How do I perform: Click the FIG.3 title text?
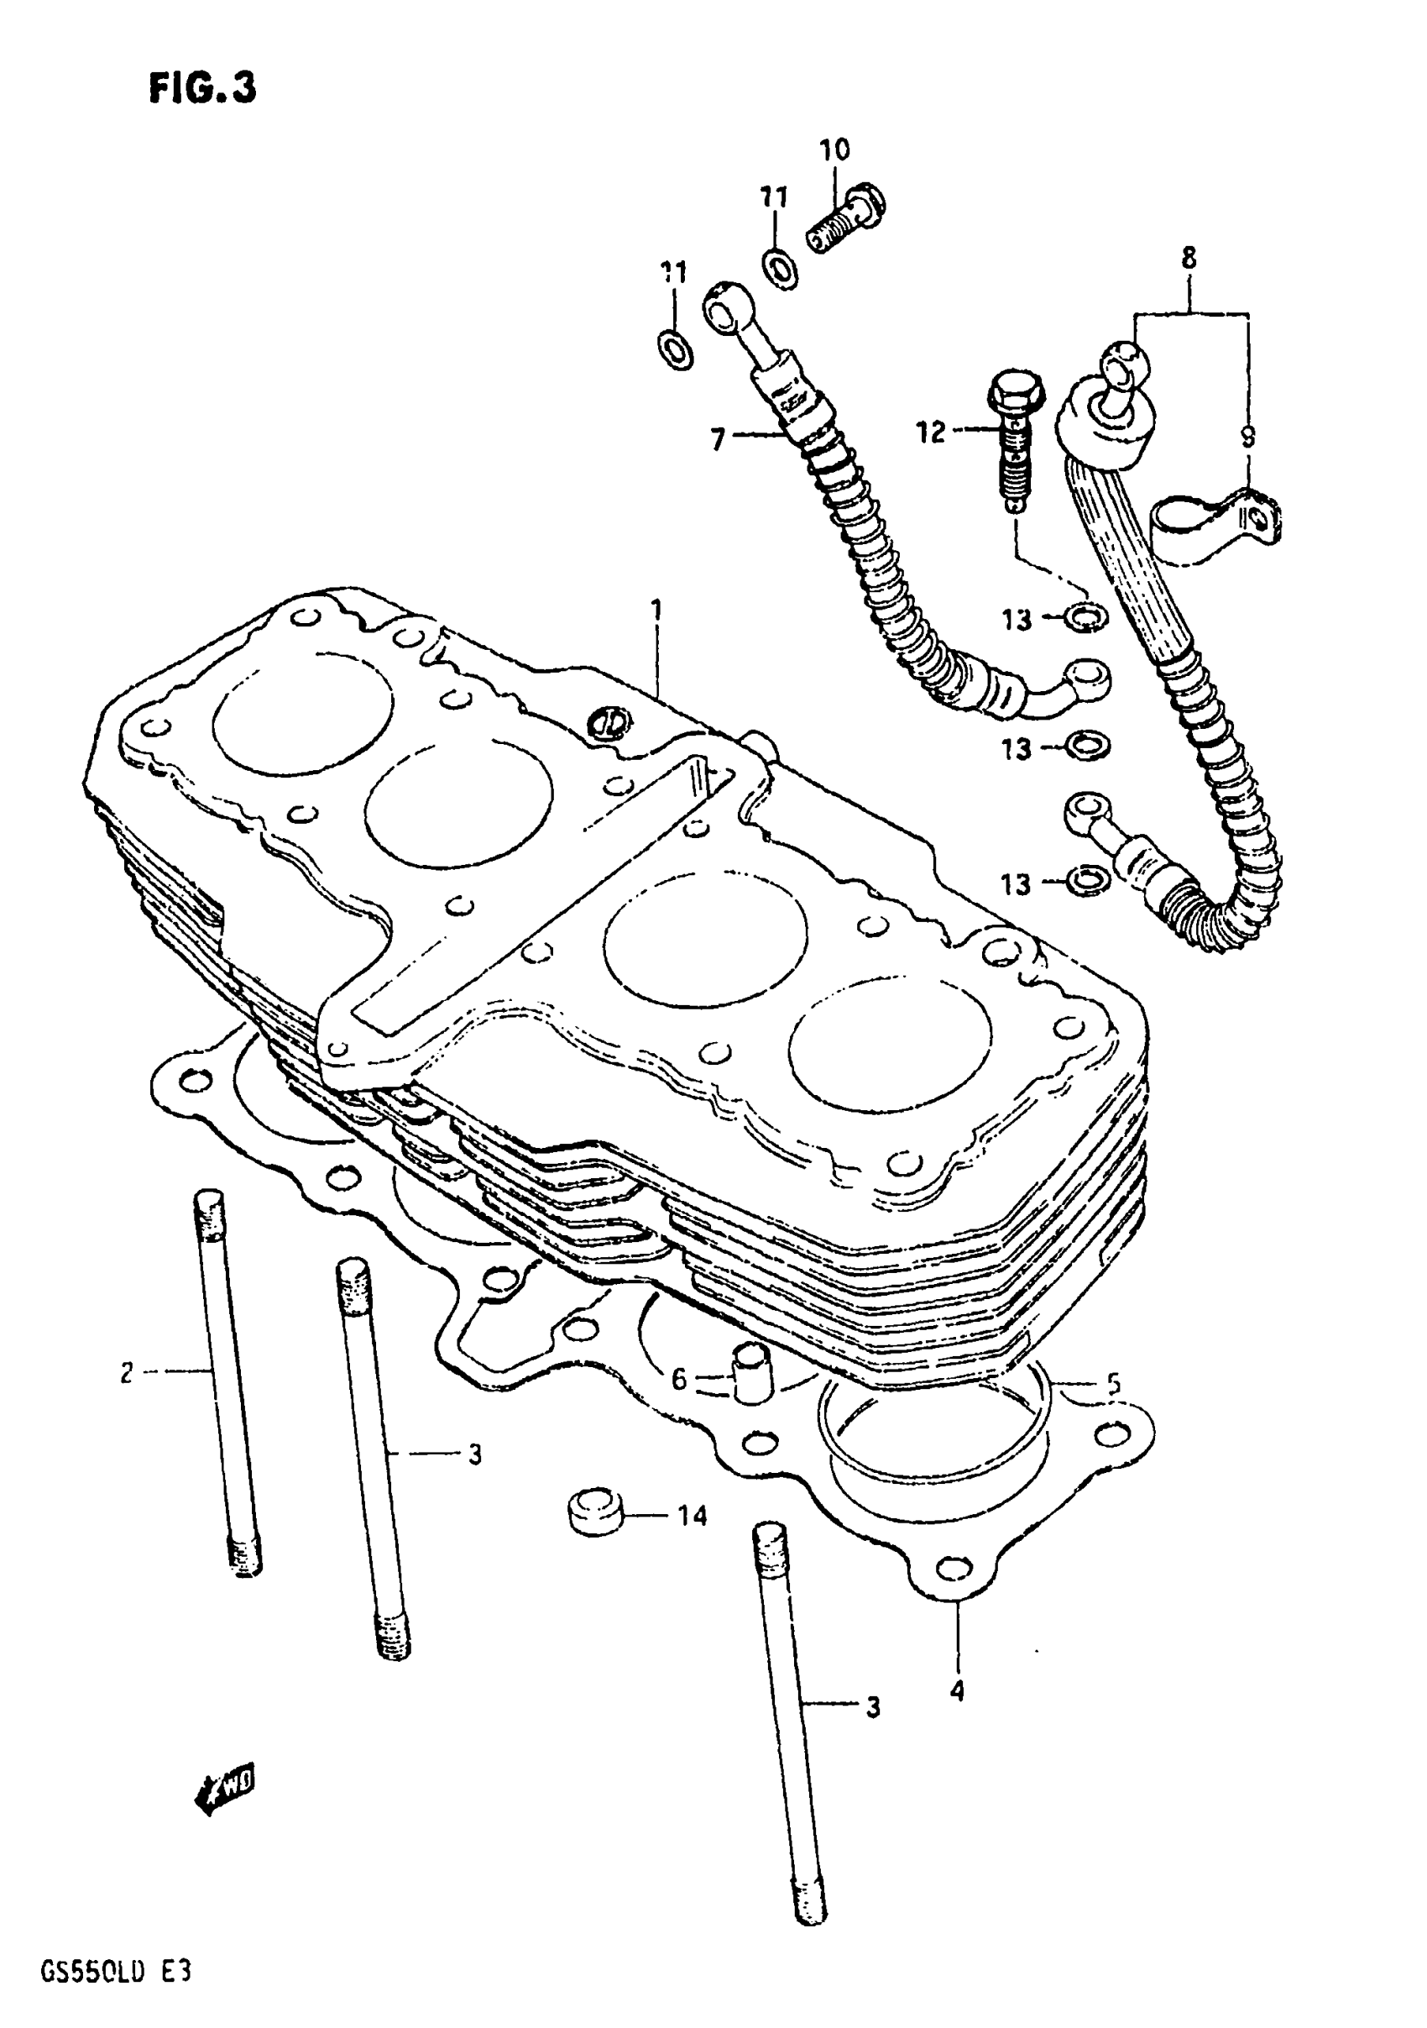coord(202,88)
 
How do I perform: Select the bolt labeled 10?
coord(845,218)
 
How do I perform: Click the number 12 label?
coord(931,432)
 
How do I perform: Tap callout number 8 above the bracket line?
coord(1189,258)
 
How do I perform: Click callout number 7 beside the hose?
coord(718,438)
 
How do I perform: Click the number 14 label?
coord(693,1516)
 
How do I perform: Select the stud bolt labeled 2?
coord(226,1380)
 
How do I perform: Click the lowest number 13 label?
coord(1016,883)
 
